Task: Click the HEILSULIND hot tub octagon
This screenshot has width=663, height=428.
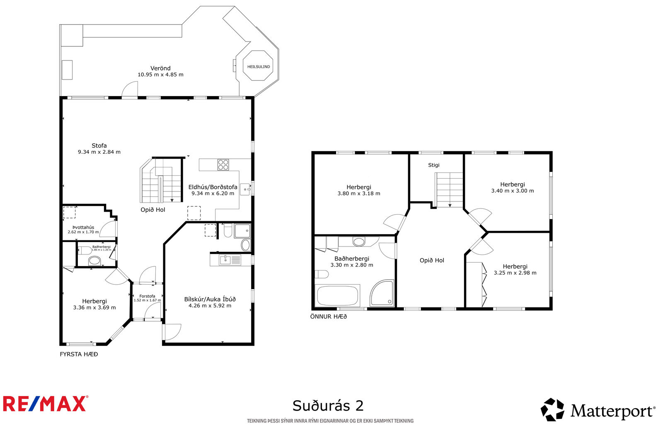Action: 259,66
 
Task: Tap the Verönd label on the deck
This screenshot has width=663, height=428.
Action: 160,68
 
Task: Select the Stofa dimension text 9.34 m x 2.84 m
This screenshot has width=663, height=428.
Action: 99,152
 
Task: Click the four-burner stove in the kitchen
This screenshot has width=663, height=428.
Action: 223,165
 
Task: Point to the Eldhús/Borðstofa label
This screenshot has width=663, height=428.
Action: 213,187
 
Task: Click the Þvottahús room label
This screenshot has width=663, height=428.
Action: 83,227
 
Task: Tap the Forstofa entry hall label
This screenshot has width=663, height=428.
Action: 148,296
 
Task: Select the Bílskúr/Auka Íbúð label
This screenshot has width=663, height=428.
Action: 210,299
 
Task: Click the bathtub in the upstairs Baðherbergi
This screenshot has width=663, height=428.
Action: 338,296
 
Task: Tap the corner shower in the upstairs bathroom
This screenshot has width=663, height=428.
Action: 382,293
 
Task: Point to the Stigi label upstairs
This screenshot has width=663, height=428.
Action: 434,165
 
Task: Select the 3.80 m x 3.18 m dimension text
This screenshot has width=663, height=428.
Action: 359,193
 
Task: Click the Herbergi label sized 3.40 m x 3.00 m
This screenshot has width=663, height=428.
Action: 513,184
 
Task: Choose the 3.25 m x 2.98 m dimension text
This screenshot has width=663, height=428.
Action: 515,273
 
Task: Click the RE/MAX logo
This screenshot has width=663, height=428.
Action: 46,404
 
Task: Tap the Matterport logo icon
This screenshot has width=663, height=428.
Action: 552,410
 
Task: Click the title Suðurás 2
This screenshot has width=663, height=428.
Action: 328,406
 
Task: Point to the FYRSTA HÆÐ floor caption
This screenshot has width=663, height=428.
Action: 79,354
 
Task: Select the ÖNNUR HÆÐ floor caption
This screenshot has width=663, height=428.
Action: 329,317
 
